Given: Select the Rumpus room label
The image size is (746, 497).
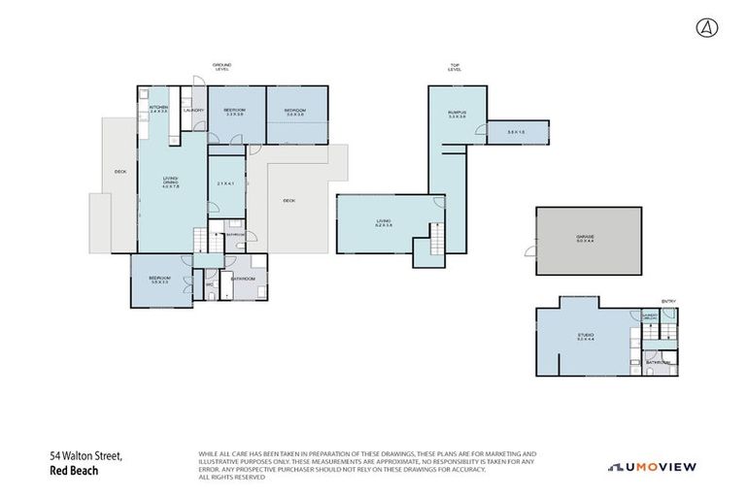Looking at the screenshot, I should [458, 114].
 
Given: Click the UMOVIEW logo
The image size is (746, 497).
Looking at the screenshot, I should [652, 467].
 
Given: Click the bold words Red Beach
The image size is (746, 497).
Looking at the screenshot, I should [74, 471].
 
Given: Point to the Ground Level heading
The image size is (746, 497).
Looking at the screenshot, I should [221, 67].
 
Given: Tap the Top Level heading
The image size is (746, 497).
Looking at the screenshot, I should [454, 67].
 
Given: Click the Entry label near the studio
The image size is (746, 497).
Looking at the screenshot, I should [668, 301].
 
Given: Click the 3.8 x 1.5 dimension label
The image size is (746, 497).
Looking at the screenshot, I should [516, 132].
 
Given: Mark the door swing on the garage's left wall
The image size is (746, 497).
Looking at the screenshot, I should [530, 252].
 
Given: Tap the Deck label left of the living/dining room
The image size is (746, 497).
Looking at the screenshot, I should [119, 172].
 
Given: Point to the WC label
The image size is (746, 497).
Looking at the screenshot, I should [210, 283].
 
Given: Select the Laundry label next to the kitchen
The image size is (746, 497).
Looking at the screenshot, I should [192, 111].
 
